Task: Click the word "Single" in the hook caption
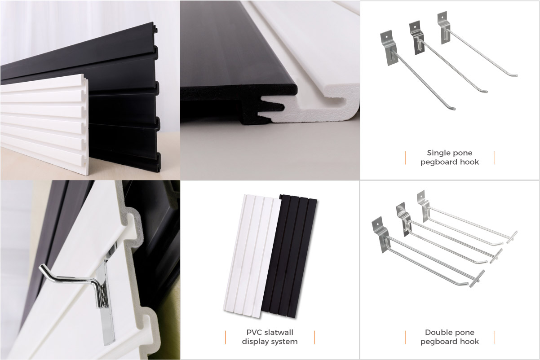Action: coord(437,153)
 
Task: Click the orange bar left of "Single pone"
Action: coord(405,158)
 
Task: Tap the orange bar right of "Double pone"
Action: coord(494,338)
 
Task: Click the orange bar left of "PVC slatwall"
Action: coord(226,338)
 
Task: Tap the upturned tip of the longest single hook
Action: coord(453,109)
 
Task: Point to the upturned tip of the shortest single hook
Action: coord(515,75)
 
